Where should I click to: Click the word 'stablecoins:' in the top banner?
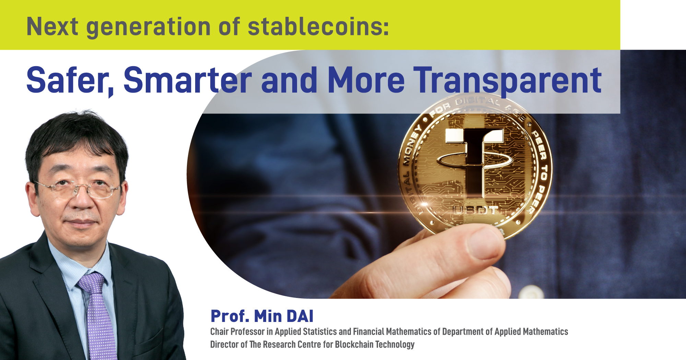[318, 27]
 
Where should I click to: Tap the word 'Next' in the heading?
[52, 27]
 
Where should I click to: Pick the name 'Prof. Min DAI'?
[262, 316]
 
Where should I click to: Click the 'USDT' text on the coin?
[475, 210]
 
